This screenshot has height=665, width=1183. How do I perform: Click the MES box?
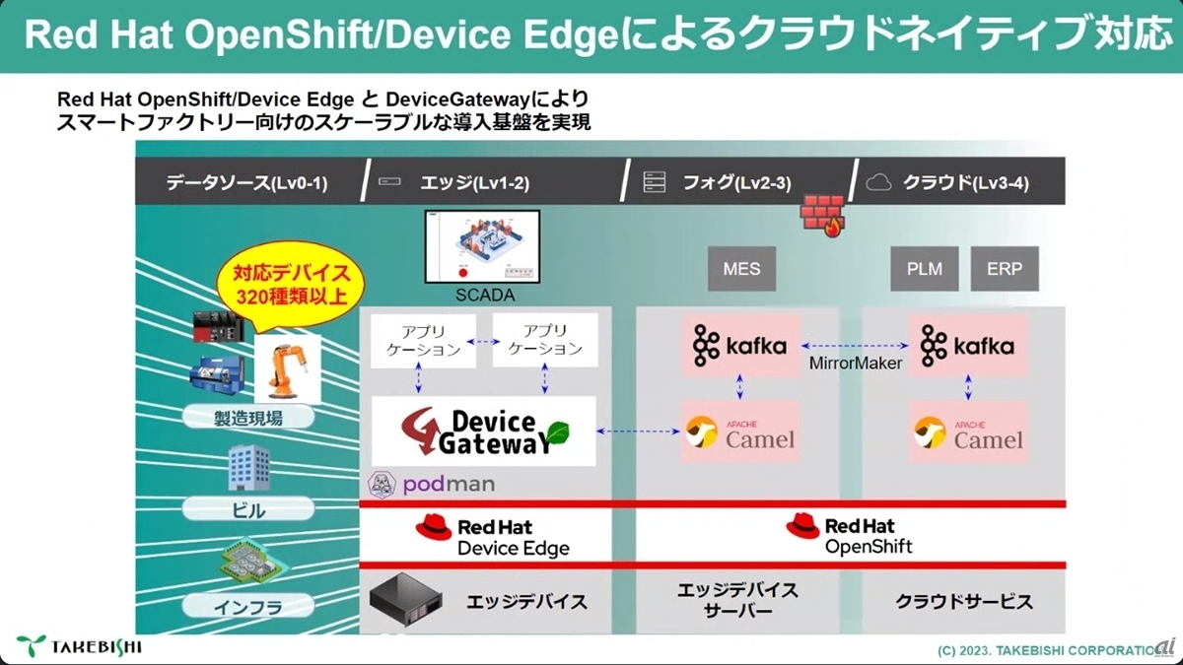point(741,269)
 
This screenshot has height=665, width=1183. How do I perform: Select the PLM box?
point(924,269)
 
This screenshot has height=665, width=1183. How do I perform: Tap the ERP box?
point(1005,269)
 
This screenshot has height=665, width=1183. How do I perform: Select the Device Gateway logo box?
point(483,432)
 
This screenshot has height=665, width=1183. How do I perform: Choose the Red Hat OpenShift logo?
point(850,535)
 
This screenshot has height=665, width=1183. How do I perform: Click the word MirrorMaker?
point(855,364)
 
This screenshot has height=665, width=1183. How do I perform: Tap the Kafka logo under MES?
point(740,346)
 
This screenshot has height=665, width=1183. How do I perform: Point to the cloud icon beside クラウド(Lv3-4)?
point(877,182)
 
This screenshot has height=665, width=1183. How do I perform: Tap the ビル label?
point(247,509)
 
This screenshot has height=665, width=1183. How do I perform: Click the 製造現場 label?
point(247,418)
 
